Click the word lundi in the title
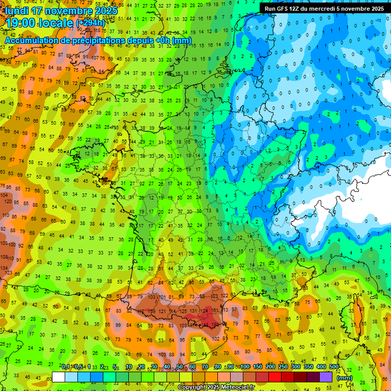(18, 11)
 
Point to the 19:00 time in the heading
(20, 23)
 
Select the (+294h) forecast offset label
(91, 23)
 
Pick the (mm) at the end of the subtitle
(182, 40)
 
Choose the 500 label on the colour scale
(334, 367)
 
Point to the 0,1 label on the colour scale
(66, 367)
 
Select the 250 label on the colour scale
(283, 367)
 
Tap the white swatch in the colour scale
(59, 377)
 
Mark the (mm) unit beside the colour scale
(345, 378)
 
